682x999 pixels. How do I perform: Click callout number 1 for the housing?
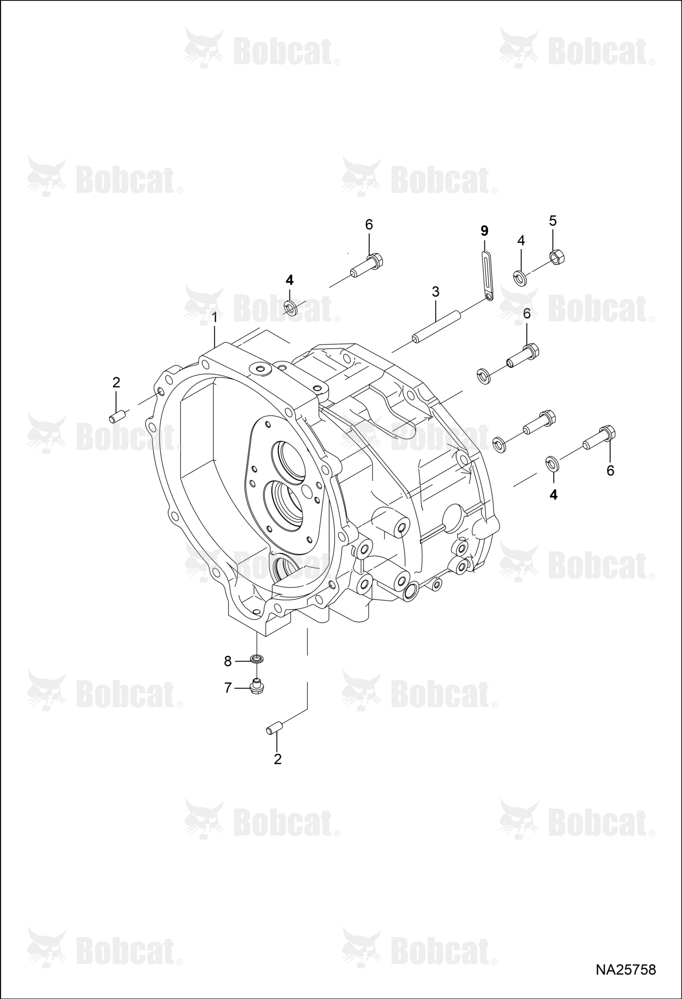point(214,318)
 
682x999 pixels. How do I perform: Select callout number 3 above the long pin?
point(436,292)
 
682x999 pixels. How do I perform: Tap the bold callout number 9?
point(484,231)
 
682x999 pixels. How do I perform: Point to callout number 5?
point(553,221)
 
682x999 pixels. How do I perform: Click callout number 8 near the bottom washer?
point(228,661)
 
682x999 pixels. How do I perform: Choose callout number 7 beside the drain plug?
point(228,688)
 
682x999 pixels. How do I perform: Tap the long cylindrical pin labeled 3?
point(436,326)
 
